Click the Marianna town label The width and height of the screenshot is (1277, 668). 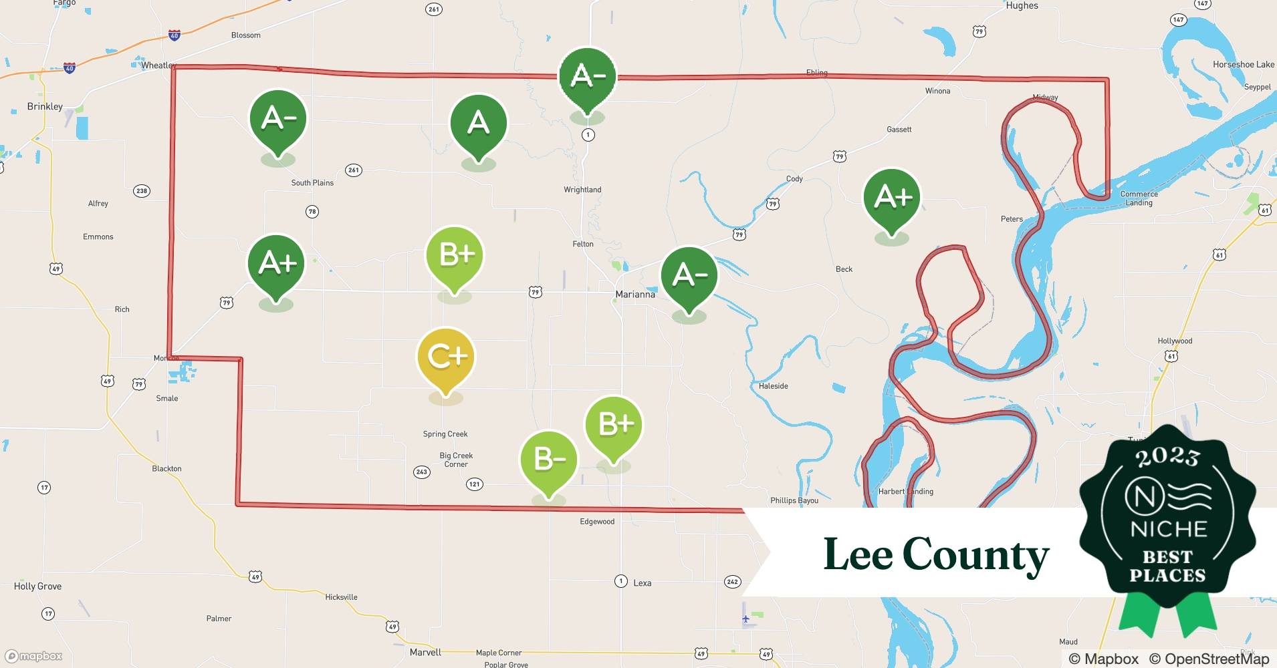click(x=635, y=294)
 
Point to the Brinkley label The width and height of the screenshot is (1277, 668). click(x=45, y=106)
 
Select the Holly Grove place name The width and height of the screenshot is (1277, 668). click(x=37, y=586)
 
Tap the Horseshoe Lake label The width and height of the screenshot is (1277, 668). click(x=1244, y=65)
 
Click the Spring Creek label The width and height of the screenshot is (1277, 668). click(x=445, y=434)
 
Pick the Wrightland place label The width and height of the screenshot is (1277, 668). click(x=582, y=190)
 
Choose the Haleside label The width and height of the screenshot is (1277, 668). click(x=774, y=385)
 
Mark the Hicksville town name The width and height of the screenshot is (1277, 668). click(x=341, y=597)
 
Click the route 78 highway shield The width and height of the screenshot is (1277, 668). click(x=312, y=212)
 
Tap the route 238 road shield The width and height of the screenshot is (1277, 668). click(x=142, y=191)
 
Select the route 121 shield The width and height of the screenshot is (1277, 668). click(x=474, y=484)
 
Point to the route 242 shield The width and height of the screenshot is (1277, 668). click(x=733, y=582)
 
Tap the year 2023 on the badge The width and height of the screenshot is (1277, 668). click(x=1167, y=457)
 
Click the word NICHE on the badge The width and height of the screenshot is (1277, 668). click(x=1168, y=529)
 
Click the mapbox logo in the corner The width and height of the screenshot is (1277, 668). click(x=34, y=656)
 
